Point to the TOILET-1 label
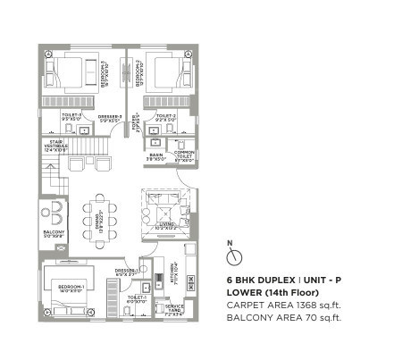138,300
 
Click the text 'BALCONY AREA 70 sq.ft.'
285,316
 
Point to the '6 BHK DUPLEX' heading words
260,280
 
